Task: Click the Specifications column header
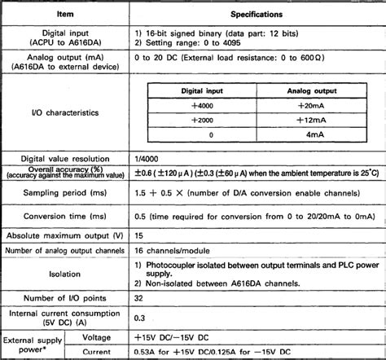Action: pos(257,14)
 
